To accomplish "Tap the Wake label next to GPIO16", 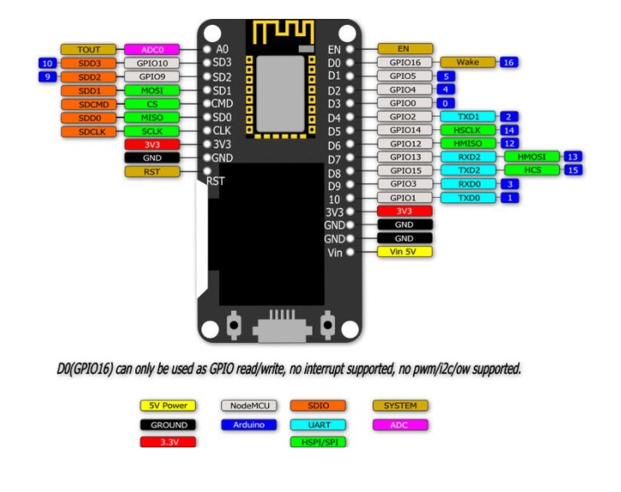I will (468, 63).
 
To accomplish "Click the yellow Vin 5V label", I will (404, 252).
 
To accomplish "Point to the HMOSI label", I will (532, 156).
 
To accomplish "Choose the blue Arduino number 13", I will (573, 156).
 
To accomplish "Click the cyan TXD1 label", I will (468, 116).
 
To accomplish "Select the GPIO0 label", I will (404, 103).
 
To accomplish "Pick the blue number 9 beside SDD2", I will (48, 76).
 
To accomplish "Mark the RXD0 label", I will (468, 183).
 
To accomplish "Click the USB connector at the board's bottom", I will (278, 327).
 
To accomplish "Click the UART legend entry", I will (318, 424).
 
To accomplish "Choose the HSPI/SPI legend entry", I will (318, 442).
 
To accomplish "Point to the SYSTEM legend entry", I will (400, 405).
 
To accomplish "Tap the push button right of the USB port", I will (325, 326).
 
